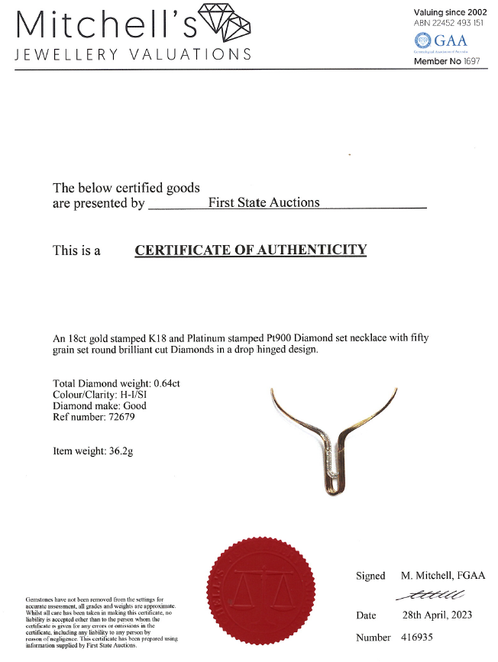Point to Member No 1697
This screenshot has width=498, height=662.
pos(447,60)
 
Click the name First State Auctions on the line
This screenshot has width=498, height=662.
pos(264,202)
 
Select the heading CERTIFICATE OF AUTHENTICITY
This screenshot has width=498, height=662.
pos(251,250)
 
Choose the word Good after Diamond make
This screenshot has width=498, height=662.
pos(133,406)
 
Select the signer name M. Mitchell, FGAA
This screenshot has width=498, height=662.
pos(443,576)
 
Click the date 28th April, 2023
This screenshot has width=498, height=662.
pos(437,615)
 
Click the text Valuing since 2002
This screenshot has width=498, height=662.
pos(450,12)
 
